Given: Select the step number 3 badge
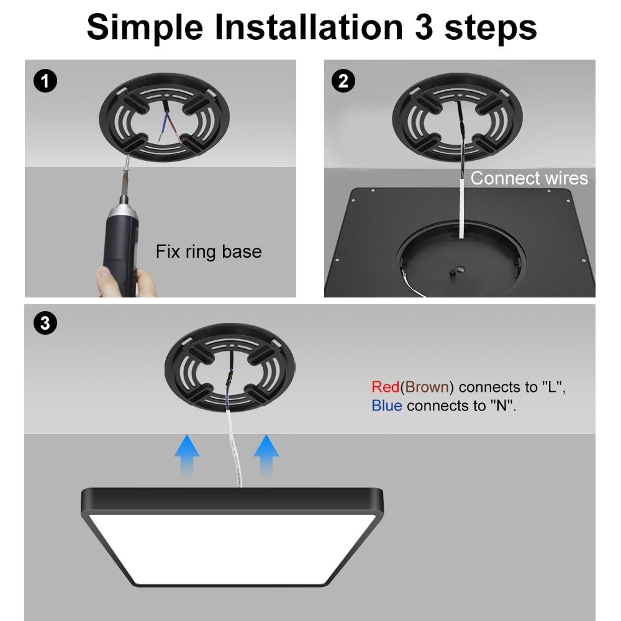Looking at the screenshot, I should pyautogui.click(x=45, y=323).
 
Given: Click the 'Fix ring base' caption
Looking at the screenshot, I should pyautogui.click(x=208, y=252).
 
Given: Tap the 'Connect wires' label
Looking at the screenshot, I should pyautogui.click(x=528, y=178).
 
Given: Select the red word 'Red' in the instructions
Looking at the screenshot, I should pyautogui.click(x=385, y=387).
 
